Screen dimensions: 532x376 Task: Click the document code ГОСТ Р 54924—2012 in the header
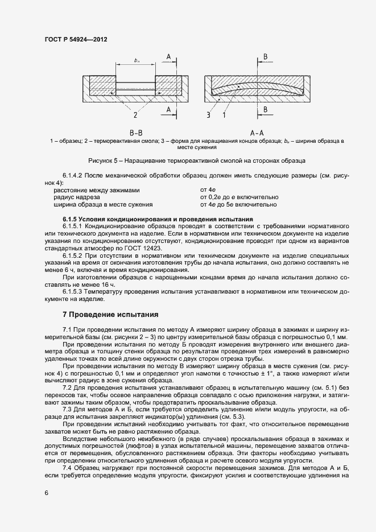click(76, 40)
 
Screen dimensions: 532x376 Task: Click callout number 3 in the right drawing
click(209, 114)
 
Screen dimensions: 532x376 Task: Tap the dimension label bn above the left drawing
click(137, 60)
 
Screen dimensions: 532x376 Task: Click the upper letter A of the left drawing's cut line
click(169, 56)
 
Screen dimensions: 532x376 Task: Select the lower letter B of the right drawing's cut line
click(265, 109)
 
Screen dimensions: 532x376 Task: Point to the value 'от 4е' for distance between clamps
click(207, 189)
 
